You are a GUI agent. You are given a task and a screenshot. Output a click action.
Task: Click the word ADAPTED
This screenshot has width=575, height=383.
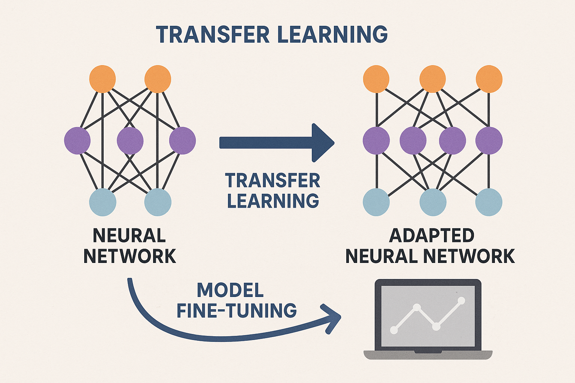coord(432,236)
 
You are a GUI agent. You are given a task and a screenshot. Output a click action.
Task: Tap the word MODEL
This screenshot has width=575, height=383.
coord(230,290)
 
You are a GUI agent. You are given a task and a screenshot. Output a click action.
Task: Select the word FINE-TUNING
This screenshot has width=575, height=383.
coord(237,311)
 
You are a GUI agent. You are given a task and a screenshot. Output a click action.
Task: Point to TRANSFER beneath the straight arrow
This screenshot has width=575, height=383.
coord(273,181)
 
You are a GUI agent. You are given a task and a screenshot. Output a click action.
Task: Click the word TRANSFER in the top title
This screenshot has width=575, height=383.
coord(213,34)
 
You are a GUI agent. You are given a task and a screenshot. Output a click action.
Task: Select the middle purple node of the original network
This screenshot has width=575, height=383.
coord(130,141)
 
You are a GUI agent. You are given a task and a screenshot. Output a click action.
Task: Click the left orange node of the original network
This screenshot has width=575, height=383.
coord(103,79)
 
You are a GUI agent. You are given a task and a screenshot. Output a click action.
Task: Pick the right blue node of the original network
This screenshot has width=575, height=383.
coord(158,202)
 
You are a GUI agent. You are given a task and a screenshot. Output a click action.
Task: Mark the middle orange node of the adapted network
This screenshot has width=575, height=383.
coord(432,79)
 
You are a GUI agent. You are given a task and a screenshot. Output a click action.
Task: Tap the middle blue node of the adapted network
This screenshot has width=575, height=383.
coord(433,202)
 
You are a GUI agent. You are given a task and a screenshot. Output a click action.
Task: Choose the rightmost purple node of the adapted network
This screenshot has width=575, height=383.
coord(489,141)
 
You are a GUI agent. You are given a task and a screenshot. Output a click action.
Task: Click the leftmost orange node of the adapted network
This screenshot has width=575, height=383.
coord(376,79)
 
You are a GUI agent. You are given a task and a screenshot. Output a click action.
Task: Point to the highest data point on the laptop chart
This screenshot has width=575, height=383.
coord(461,300)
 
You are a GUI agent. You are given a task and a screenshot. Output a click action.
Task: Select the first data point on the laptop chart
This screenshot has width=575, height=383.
coord(394,330)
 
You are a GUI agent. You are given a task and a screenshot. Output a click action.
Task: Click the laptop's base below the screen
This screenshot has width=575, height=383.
coord(428,355)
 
